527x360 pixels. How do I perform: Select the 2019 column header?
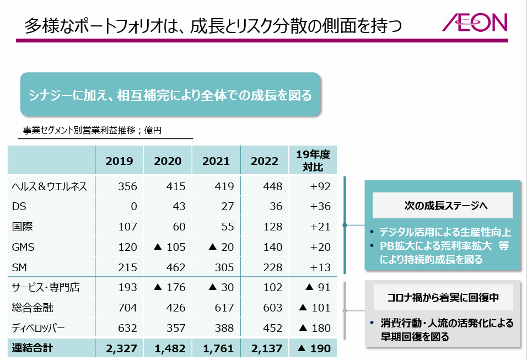[x=119, y=161]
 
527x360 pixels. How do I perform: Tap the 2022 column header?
[x=265, y=161]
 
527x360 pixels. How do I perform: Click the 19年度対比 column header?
[x=313, y=161]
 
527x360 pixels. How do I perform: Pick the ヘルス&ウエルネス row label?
[x=50, y=186]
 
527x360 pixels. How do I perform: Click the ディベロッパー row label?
[x=39, y=329]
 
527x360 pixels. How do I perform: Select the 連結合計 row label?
[x=34, y=348]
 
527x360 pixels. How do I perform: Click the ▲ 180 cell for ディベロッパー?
[x=314, y=329]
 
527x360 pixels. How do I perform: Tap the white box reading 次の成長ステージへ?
[x=442, y=206]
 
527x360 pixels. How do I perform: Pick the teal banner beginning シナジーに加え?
[x=170, y=95]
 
